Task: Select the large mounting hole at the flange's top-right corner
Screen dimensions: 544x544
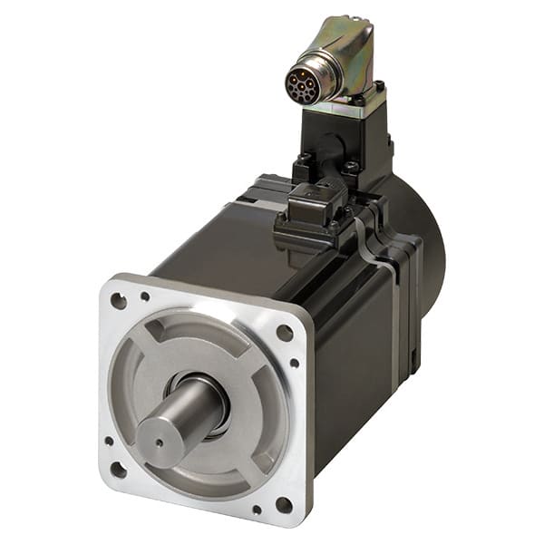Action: (x=284, y=333)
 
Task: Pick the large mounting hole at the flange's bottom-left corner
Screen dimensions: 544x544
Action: (x=118, y=469)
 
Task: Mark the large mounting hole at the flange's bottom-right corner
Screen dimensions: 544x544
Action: (x=284, y=504)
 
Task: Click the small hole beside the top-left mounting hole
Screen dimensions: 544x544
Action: (x=145, y=296)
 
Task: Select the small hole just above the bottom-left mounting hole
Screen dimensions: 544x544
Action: (x=108, y=442)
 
